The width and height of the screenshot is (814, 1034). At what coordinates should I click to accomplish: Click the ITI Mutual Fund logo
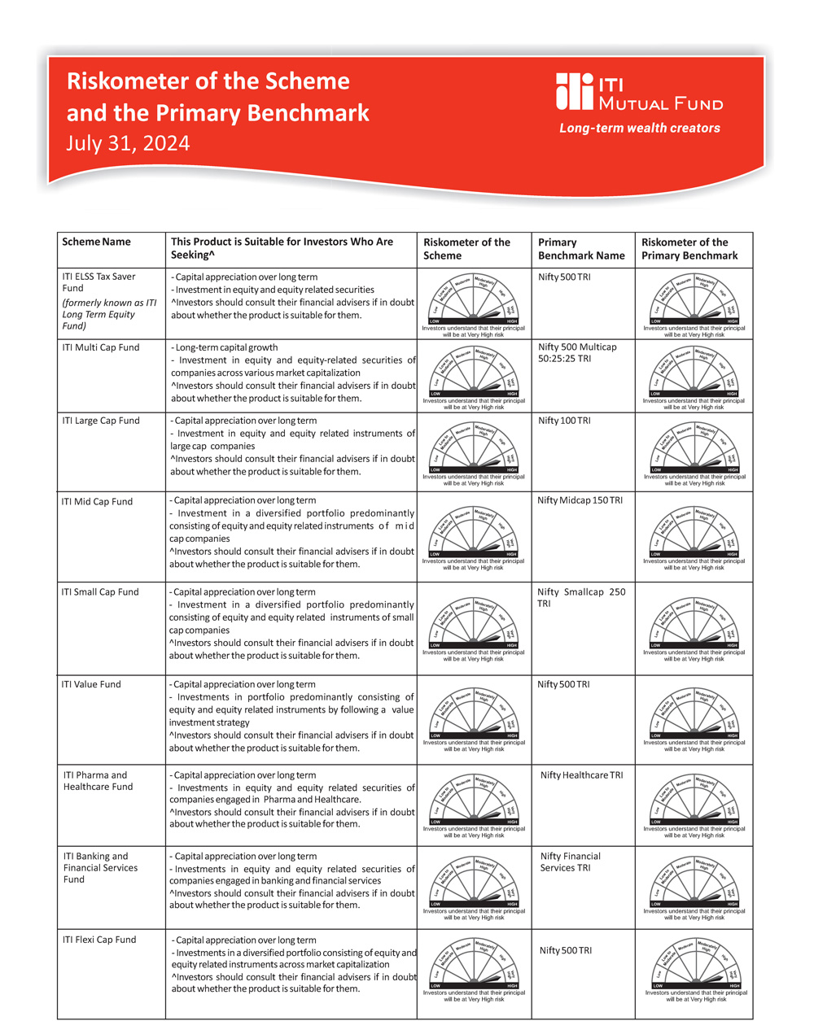click(x=639, y=91)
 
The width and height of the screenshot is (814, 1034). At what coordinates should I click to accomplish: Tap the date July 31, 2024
click(x=128, y=143)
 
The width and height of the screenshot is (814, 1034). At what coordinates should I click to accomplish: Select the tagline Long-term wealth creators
click(x=639, y=128)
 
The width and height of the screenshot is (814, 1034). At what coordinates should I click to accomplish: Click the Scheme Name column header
click(x=96, y=242)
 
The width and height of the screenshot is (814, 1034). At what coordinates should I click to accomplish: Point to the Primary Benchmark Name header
click(x=581, y=249)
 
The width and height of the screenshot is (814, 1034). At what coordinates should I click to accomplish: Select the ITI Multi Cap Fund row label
click(x=100, y=347)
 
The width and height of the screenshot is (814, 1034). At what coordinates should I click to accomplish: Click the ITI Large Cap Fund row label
click(x=102, y=421)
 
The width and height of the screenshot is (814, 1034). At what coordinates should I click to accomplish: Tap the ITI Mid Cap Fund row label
click(x=97, y=502)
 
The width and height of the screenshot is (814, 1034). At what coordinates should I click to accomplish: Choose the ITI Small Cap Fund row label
click(x=100, y=592)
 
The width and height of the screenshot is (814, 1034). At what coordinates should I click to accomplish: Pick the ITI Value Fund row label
click(x=91, y=684)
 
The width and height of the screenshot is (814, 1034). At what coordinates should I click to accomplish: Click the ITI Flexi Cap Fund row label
click(x=99, y=940)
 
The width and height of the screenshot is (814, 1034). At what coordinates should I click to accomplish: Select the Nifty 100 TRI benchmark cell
click(x=564, y=421)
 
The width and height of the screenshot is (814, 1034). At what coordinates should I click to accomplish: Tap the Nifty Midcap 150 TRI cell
click(x=580, y=500)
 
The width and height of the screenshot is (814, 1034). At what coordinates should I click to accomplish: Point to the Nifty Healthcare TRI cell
click(x=581, y=775)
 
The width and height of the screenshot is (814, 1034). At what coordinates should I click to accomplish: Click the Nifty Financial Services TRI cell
click(x=570, y=862)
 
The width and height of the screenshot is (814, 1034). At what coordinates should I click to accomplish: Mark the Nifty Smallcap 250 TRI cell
click(x=581, y=598)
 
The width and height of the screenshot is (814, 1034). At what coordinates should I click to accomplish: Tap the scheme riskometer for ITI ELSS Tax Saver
click(x=474, y=303)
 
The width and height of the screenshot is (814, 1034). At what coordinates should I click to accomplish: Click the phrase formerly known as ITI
click(x=109, y=303)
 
